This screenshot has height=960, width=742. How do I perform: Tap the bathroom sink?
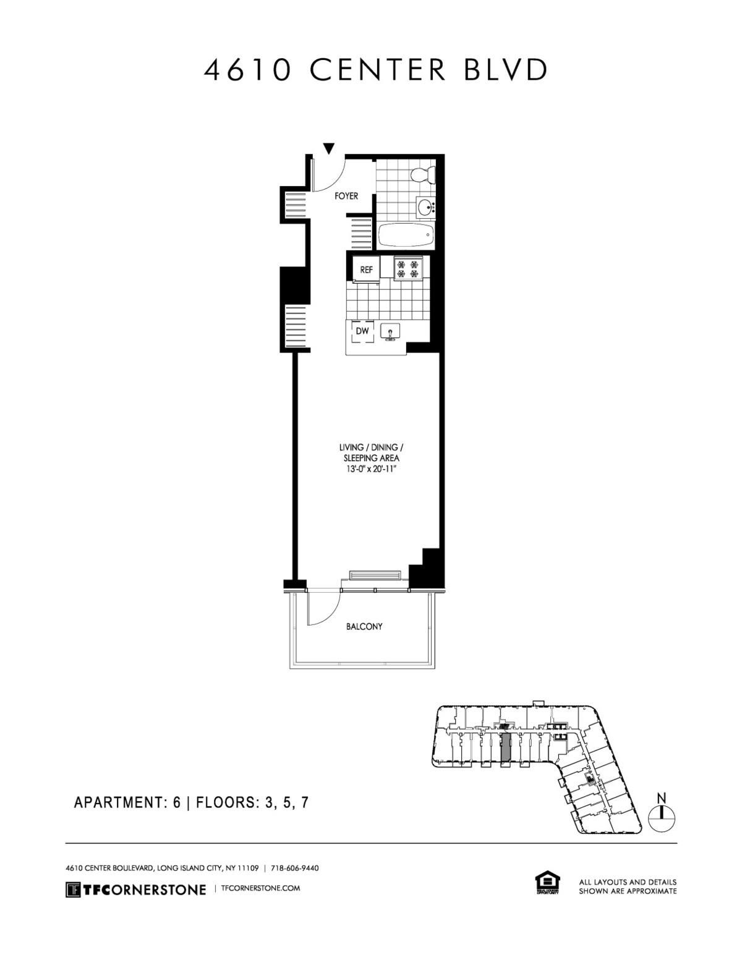[425, 208]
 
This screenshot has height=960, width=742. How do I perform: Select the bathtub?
[405, 235]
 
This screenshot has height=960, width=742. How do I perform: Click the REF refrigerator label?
[366, 270]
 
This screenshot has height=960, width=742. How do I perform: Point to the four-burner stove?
[408, 269]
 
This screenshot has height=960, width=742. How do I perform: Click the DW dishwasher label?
[362, 331]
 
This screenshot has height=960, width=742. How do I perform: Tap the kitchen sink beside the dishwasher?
[390, 332]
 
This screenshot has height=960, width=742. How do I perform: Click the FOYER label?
[346, 196]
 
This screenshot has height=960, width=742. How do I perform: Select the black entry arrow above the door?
[329, 148]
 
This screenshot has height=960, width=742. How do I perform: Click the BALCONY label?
[364, 626]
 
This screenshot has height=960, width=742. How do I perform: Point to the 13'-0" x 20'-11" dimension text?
[371, 469]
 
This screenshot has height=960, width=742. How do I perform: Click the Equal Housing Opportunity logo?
[546, 883]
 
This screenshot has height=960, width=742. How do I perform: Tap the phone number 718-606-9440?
[295, 868]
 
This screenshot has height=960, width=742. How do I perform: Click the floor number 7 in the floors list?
[305, 802]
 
